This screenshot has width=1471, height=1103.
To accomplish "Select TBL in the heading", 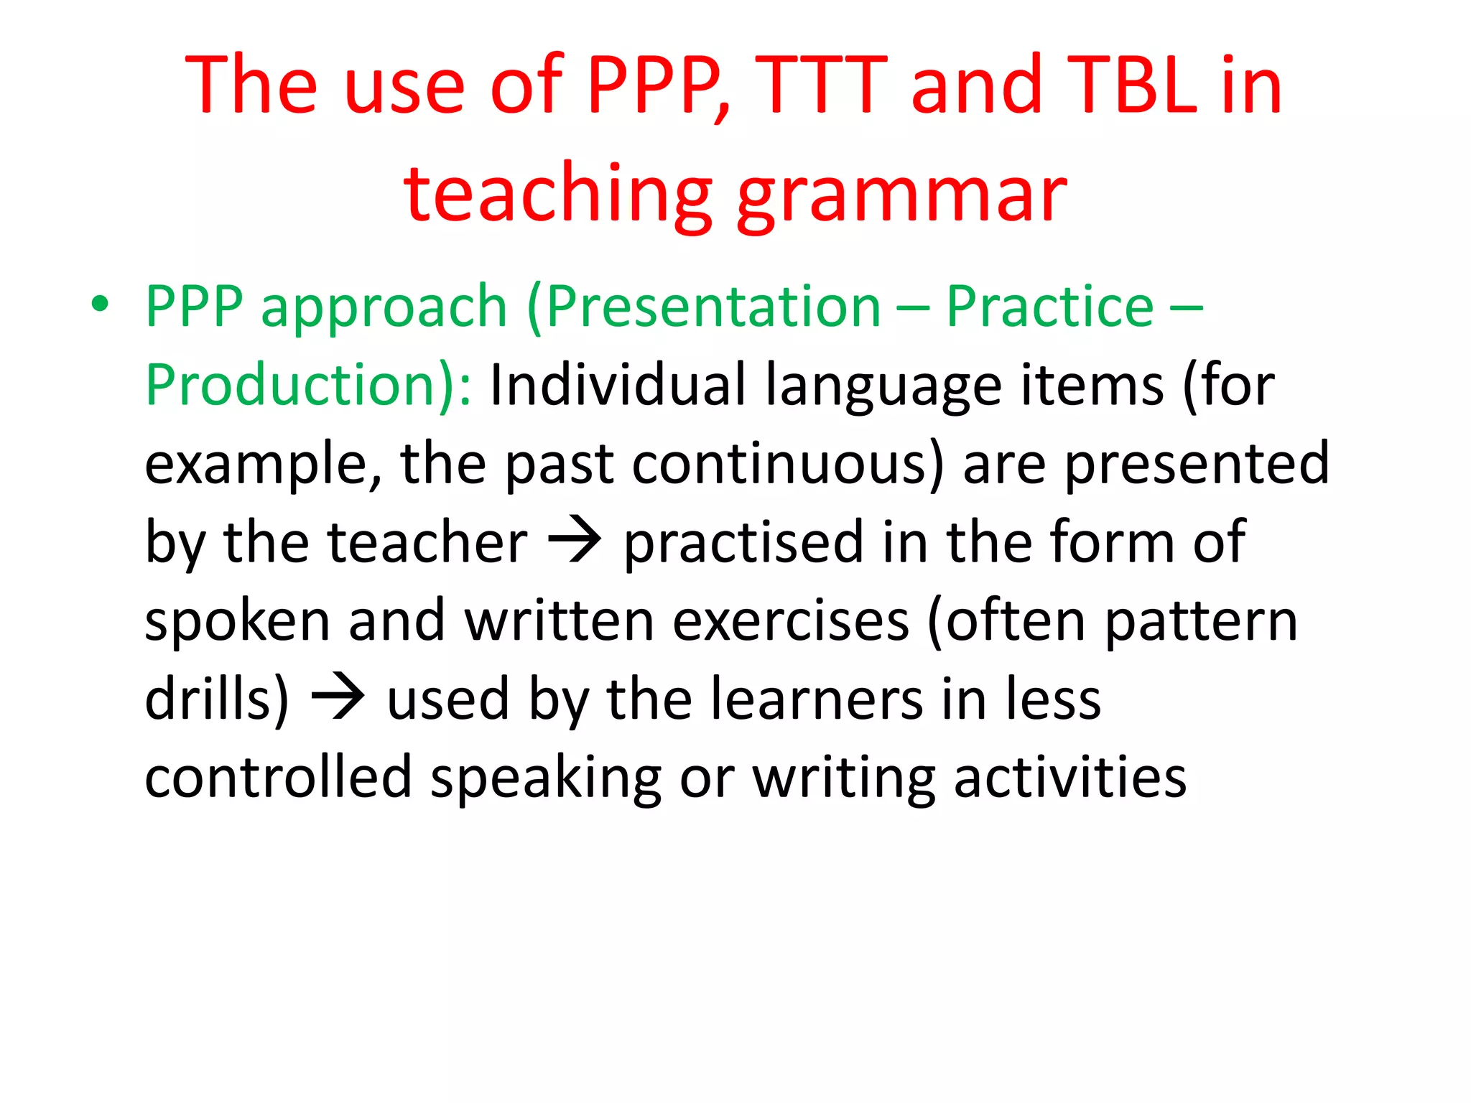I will point(1132,86).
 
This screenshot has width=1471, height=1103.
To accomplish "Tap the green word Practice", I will point(1049,307).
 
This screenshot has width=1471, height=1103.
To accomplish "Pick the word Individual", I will point(618,386).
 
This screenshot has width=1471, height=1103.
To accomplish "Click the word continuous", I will point(787,464).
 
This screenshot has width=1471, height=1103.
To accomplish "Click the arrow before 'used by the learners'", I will point(338,699).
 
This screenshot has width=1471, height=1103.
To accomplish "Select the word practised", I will point(743,543).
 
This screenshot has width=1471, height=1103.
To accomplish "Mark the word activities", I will point(1070,777).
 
